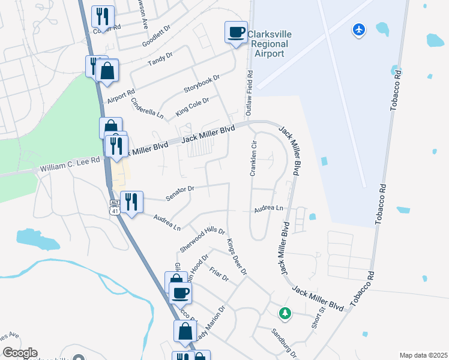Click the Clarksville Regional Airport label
[269, 44]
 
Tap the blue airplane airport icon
[359, 29]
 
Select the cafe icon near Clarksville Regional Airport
[236, 32]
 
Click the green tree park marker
[285, 313]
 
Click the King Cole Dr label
[192, 107]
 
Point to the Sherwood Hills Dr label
[202, 239]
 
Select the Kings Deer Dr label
[237, 257]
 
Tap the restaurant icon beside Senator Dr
[131, 202]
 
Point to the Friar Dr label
[220, 274]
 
